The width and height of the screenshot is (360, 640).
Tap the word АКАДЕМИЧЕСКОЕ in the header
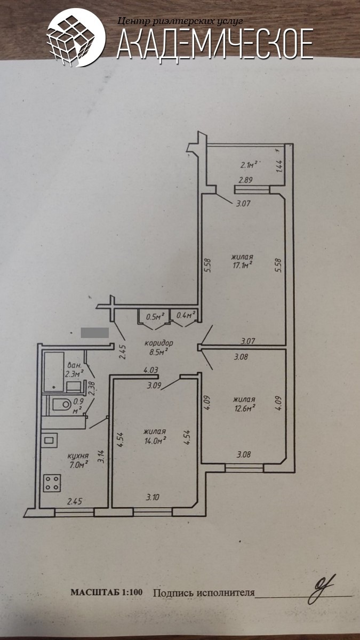215,44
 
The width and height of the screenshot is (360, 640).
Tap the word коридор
159,342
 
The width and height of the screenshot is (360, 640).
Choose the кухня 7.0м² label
78,460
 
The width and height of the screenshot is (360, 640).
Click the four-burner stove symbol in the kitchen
52,483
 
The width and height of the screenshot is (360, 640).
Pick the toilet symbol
61,404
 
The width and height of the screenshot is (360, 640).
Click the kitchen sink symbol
49,441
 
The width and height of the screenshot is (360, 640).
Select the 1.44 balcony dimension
279,166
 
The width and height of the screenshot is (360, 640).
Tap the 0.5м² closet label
155,316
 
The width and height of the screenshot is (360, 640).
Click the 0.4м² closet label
186,315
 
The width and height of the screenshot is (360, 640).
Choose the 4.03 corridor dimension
150,370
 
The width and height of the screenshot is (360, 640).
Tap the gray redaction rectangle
94,333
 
